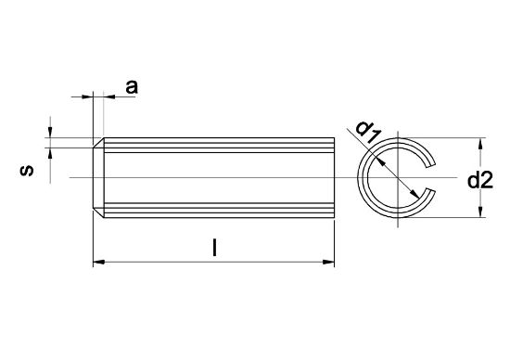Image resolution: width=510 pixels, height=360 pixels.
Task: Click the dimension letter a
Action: pos(132,86)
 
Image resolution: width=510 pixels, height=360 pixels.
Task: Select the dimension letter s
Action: pos(29,171)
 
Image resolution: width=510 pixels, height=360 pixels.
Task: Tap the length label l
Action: pos(215,248)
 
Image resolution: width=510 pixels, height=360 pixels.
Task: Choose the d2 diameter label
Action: pos(480,181)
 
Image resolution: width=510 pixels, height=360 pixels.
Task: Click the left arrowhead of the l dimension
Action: pos(99,263)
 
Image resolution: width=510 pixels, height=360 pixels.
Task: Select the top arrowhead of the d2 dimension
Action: pos(480,145)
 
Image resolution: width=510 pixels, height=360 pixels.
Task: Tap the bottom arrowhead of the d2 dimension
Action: pos(480,212)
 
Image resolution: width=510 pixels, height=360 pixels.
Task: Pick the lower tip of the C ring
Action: pos(428,194)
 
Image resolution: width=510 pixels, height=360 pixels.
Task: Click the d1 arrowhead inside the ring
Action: pos(412,193)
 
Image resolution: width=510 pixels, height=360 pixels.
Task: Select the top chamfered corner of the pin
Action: pos(97,143)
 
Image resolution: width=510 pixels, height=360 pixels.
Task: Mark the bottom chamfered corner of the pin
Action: pos(97,213)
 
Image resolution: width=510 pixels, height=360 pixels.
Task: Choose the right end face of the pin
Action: pos(333,177)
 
